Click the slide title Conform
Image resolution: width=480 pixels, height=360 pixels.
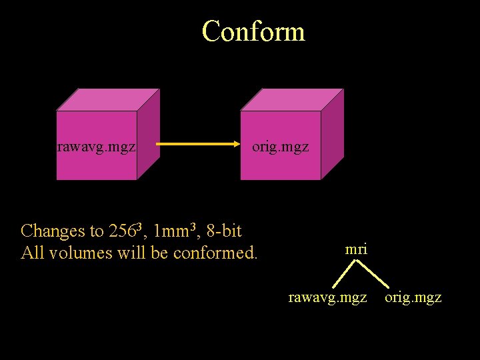tap(253, 31)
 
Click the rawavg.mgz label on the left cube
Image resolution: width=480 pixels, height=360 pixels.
tap(97, 146)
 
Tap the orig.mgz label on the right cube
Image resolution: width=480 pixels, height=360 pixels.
tap(280, 146)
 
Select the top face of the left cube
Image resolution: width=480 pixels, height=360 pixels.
tap(109, 100)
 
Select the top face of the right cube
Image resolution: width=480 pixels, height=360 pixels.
tap(293, 100)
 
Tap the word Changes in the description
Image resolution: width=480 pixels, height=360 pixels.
tap(53, 231)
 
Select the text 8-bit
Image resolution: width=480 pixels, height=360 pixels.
tap(224, 231)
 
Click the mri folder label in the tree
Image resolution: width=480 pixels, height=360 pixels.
tap(356, 249)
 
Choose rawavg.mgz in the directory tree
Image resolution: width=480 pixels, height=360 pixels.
tap(327, 297)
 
